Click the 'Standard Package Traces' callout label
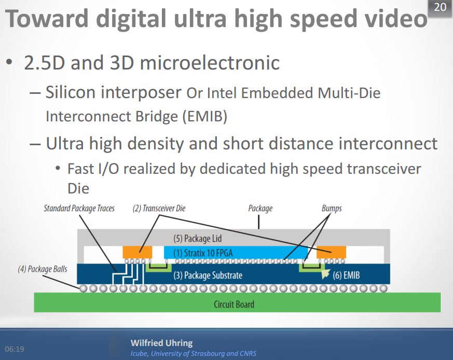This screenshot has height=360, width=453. [79, 209]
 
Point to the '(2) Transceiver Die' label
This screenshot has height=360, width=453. [159, 209]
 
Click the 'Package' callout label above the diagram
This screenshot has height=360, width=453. [260, 209]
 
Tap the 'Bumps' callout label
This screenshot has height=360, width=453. [332, 209]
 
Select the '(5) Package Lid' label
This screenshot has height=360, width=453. [198, 239]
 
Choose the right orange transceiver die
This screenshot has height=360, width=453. [331, 252]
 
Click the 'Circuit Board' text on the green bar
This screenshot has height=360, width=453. [234, 303]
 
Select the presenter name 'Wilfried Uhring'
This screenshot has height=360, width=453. [161, 343]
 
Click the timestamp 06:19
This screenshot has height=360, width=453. [15, 349]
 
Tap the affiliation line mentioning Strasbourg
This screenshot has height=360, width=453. [193, 354]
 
